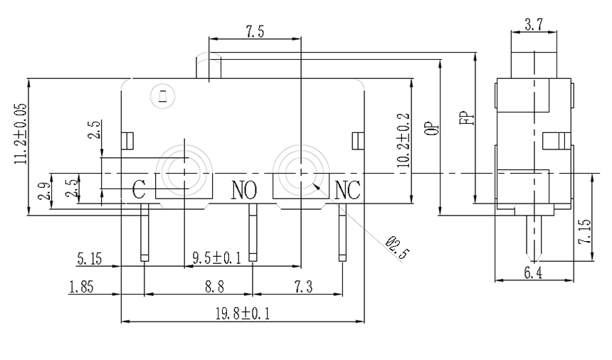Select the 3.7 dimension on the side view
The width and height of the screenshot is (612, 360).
[533, 25]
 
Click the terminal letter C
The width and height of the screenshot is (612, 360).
[139, 189]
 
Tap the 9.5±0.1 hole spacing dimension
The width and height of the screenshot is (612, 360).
[217, 258]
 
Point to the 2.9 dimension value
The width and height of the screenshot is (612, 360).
[45, 192]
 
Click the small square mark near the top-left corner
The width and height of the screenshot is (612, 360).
[162, 95]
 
